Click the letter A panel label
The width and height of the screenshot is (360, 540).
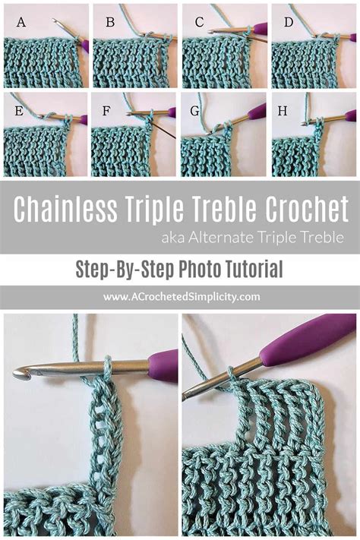(21, 23)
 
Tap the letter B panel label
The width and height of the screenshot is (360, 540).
(110, 23)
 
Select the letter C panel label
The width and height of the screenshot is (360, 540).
(199, 23)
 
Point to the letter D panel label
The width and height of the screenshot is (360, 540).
(289, 23)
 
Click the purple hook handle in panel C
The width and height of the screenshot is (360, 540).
(261, 30)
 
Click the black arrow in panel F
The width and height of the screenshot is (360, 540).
(164, 130)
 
